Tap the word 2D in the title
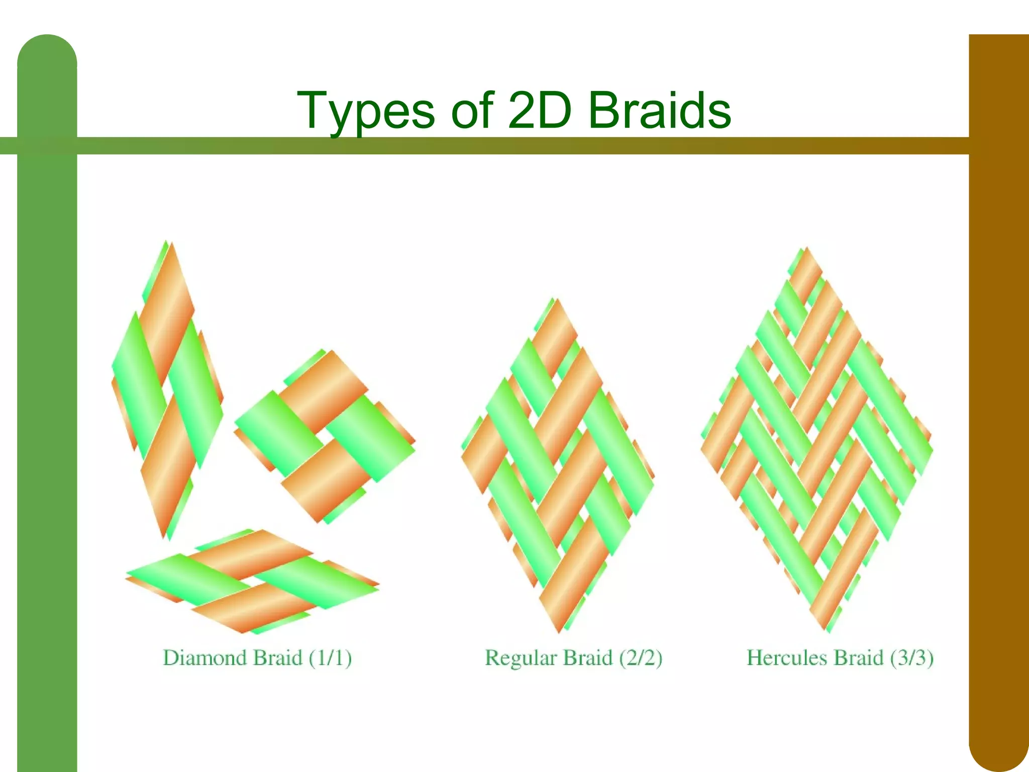coord(540,111)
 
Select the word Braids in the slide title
coord(659,111)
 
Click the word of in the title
coord(472,111)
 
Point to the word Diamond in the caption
coord(207,658)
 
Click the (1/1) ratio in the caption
coord(330,658)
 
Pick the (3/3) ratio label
coord(911,658)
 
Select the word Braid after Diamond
coord(277,658)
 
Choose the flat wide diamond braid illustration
coord(252,581)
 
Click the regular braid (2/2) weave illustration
coord(558,465)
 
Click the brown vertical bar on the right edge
coord(998,402)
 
